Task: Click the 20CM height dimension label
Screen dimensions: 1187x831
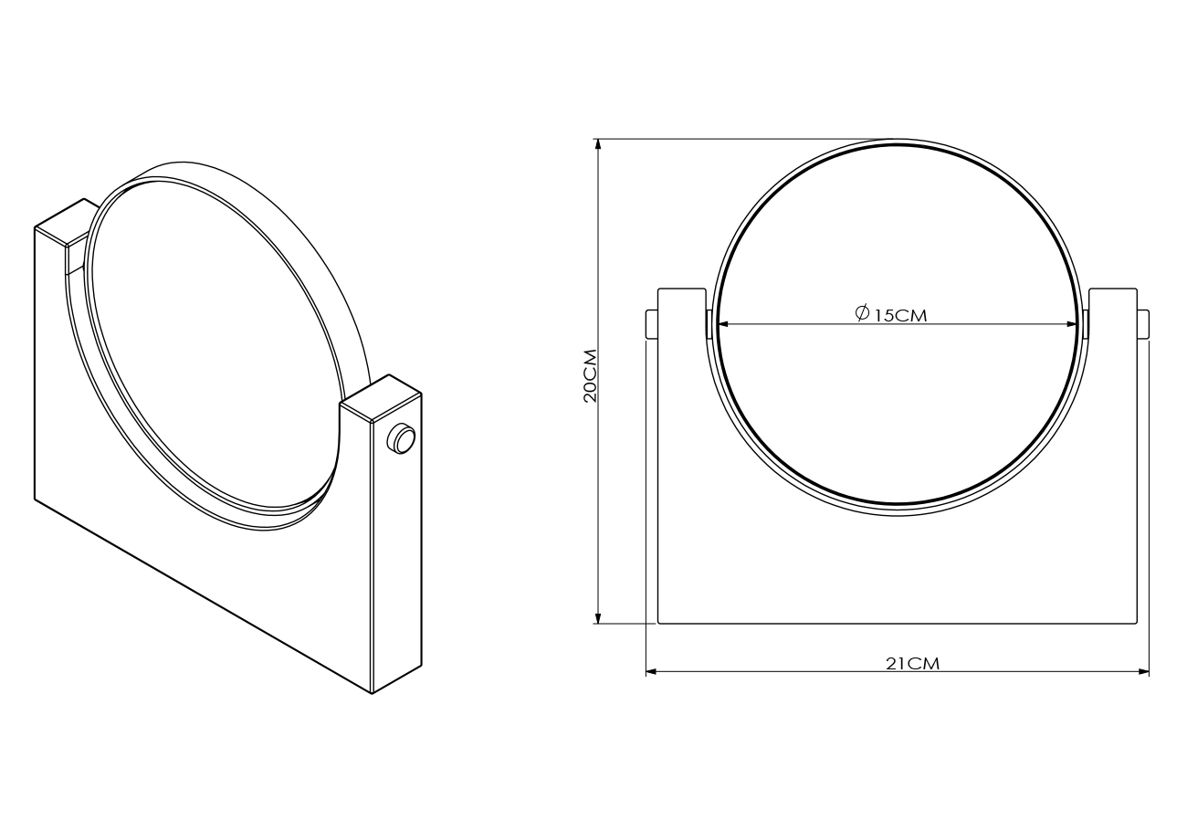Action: pyautogui.click(x=591, y=375)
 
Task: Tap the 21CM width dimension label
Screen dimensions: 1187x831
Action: pyautogui.click(x=912, y=664)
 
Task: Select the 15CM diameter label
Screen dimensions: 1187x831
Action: pyautogui.click(x=899, y=316)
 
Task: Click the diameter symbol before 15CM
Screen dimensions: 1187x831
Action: pyautogui.click(x=862, y=312)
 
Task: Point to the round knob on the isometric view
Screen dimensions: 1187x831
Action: pyautogui.click(x=401, y=438)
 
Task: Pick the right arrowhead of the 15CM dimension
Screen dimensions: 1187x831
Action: pyautogui.click(x=1070, y=324)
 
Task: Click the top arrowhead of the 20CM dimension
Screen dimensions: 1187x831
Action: pyautogui.click(x=598, y=146)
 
